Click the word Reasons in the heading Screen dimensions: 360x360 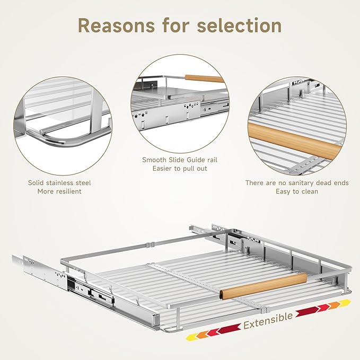point(117,25)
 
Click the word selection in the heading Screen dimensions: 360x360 point(239,25)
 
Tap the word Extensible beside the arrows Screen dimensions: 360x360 point(268,321)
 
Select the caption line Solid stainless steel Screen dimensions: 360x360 point(59,183)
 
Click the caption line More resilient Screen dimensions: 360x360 point(59,191)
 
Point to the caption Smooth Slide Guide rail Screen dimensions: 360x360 point(180,160)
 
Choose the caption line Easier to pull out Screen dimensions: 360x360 point(180,169)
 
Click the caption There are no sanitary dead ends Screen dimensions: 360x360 point(297,183)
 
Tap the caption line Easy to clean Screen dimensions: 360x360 point(297,191)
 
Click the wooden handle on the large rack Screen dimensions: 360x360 point(264,286)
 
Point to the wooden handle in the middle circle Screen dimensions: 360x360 point(204,78)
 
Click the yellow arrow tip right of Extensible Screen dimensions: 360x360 point(345,303)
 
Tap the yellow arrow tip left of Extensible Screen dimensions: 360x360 point(192,337)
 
